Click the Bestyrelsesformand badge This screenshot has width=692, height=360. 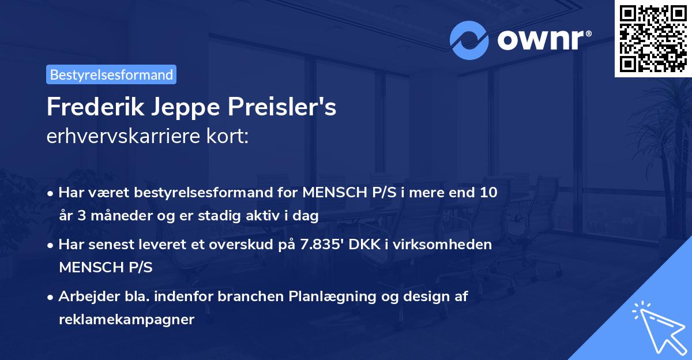click(111, 74)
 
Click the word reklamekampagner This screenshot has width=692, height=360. click(126, 319)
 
